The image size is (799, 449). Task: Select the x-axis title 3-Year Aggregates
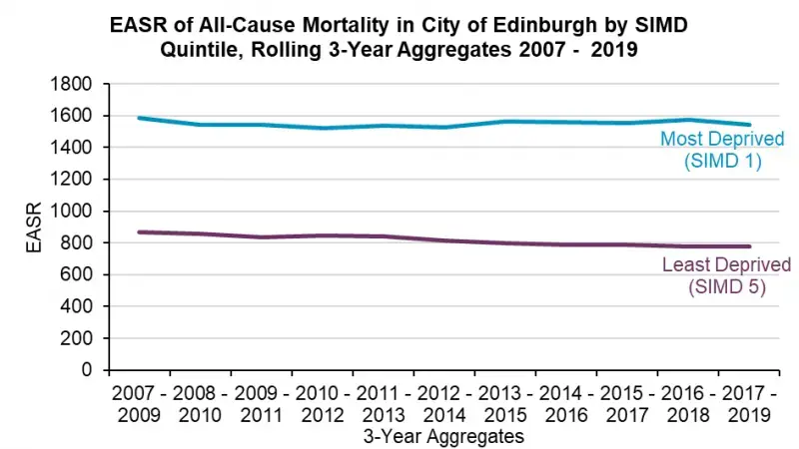pyautogui.click(x=443, y=436)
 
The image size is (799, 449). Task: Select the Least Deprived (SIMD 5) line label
pyautogui.click(x=726, y=276)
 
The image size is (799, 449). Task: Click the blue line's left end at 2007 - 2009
pyautogui.click(x=140, y=118)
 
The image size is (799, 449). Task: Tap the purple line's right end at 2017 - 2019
pyautogui.click(x=750, y=246)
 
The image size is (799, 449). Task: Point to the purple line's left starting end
pyautogui.click(x=140, y=231)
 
